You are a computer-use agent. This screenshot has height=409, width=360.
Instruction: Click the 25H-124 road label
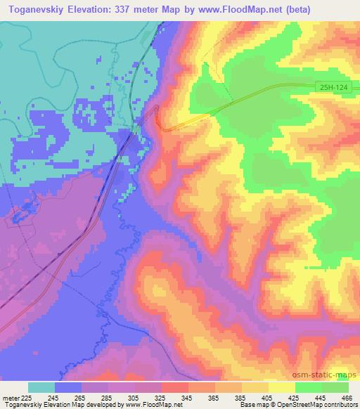click(332, 85)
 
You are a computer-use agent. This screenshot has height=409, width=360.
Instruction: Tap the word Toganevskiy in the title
click(34, 8)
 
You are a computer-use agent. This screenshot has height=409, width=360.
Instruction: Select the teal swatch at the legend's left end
click(41, 387)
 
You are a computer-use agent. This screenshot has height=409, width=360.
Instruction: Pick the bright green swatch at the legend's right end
click(335, 387)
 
